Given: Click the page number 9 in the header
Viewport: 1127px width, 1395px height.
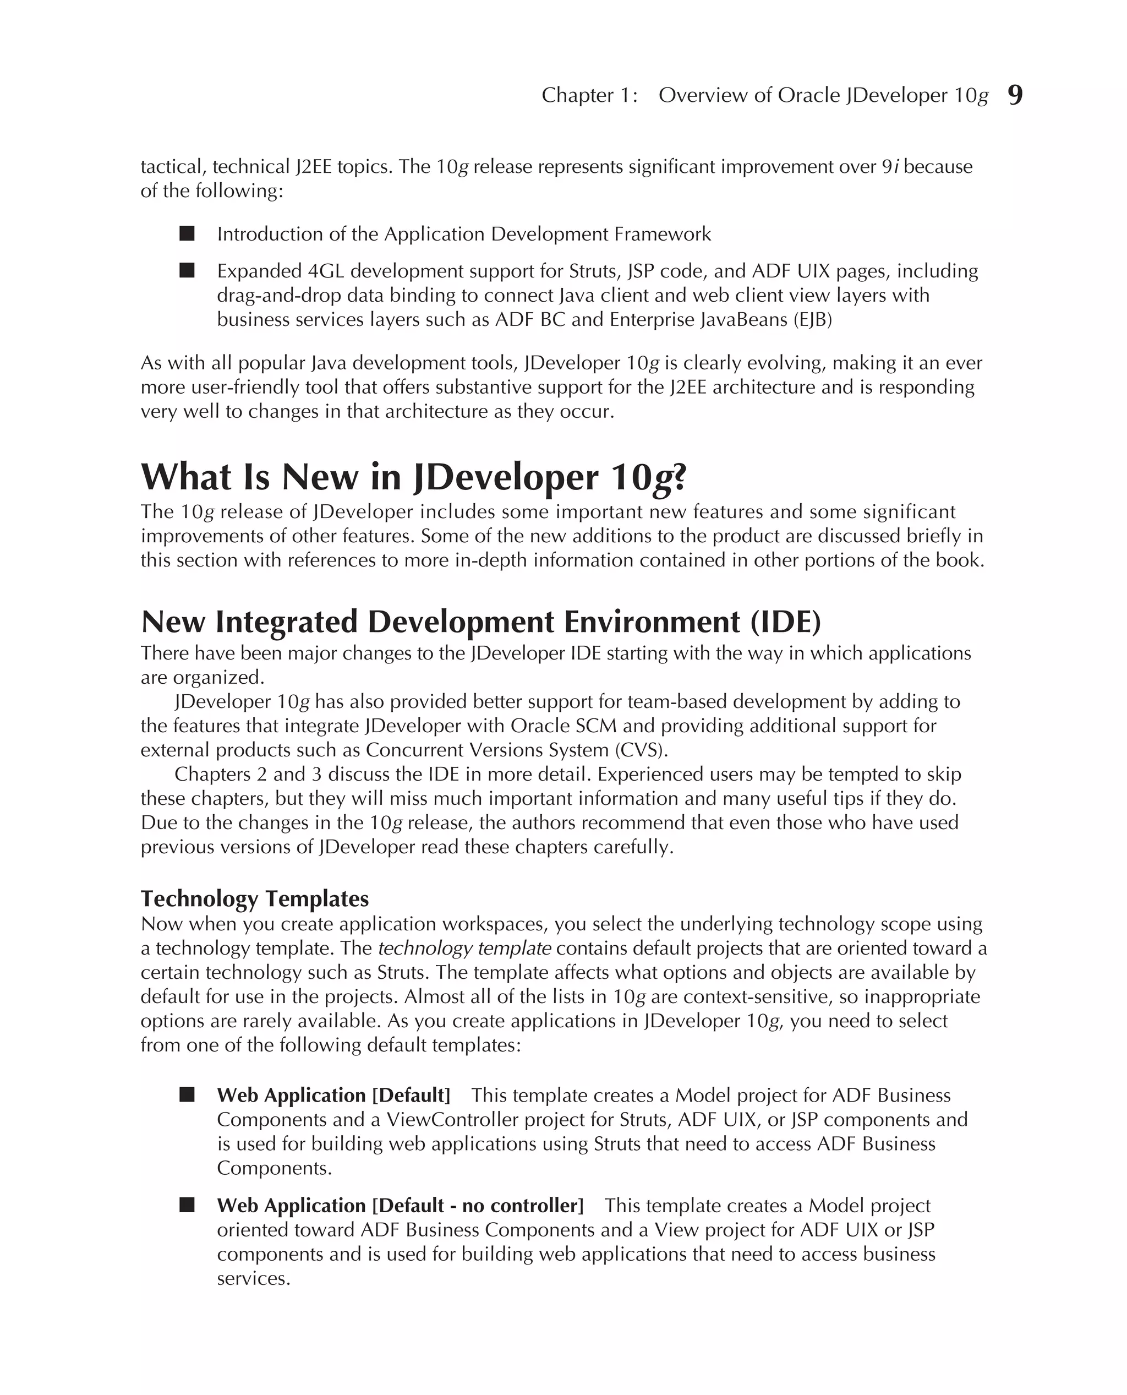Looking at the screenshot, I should point(1015,95).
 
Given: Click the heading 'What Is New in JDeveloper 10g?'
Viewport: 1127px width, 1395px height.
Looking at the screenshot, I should point(413,477).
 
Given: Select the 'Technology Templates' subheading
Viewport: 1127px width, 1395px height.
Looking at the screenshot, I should point(254,898).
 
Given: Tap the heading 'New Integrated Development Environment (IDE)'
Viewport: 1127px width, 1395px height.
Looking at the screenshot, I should point(480,622).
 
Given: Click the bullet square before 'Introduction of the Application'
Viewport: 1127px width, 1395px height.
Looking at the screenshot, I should point(187,234).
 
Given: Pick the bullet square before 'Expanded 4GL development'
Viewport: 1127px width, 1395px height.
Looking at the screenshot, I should point(187,271).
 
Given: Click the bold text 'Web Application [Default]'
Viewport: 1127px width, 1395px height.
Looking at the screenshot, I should point(333,1095).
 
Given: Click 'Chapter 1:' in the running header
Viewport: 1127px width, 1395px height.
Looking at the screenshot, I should point(589,95).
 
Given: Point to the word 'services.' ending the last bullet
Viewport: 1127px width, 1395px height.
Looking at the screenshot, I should point(253,1279).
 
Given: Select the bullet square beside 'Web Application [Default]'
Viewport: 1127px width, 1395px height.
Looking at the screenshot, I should point(187,1095).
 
